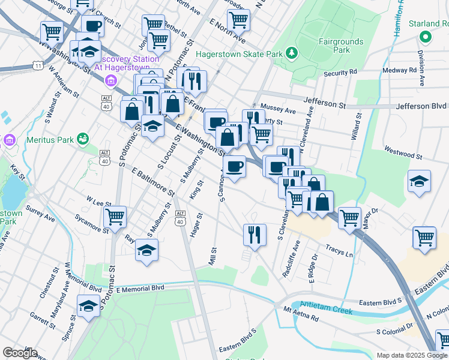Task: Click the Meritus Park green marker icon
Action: [83, 140]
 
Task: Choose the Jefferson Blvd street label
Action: [421, 106]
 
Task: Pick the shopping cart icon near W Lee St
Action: [114, 217]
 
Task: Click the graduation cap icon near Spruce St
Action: [88, 306]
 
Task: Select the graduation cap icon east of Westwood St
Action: [419, 181]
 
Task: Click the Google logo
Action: [20, 353]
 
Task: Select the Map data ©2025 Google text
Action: [412, 355]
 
